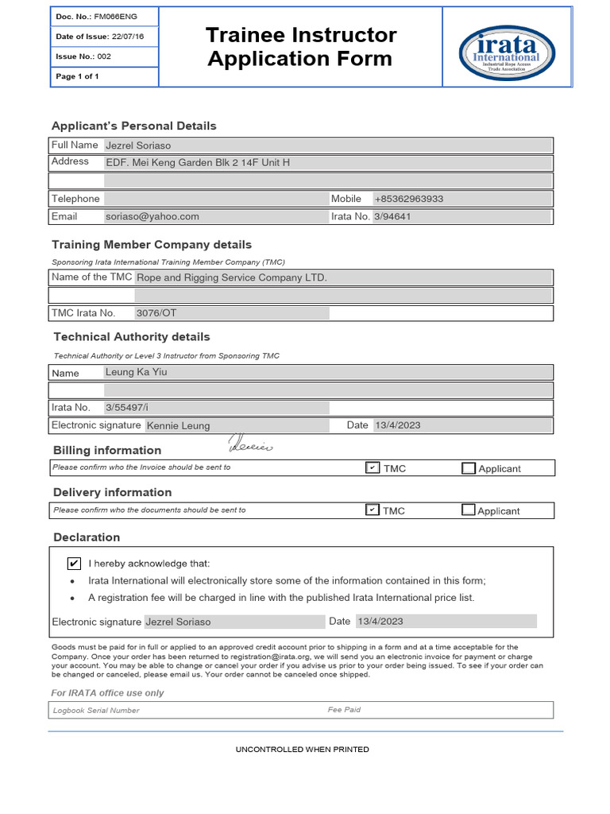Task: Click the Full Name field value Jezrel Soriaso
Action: point(138,145)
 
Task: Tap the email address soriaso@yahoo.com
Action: point(152,216)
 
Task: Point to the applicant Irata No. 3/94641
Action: point(392,216)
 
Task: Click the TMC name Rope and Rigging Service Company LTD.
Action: point(231,277)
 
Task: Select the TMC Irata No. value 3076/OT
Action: point(156,313)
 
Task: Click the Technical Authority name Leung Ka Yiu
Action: point(136,372)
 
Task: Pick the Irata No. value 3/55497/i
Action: point(127,407)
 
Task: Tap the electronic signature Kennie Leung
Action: point(179,425)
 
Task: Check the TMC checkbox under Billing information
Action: point(373,467)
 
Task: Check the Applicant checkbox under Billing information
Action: point(469,468)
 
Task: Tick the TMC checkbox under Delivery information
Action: point(373,510)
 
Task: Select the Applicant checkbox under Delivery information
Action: point(469,510)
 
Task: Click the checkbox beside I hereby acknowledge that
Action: point(74,563)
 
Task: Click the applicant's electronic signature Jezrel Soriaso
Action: point(179,622)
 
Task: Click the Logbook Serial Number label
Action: point(96,710)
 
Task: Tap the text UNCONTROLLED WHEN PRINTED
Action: point(303,750)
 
